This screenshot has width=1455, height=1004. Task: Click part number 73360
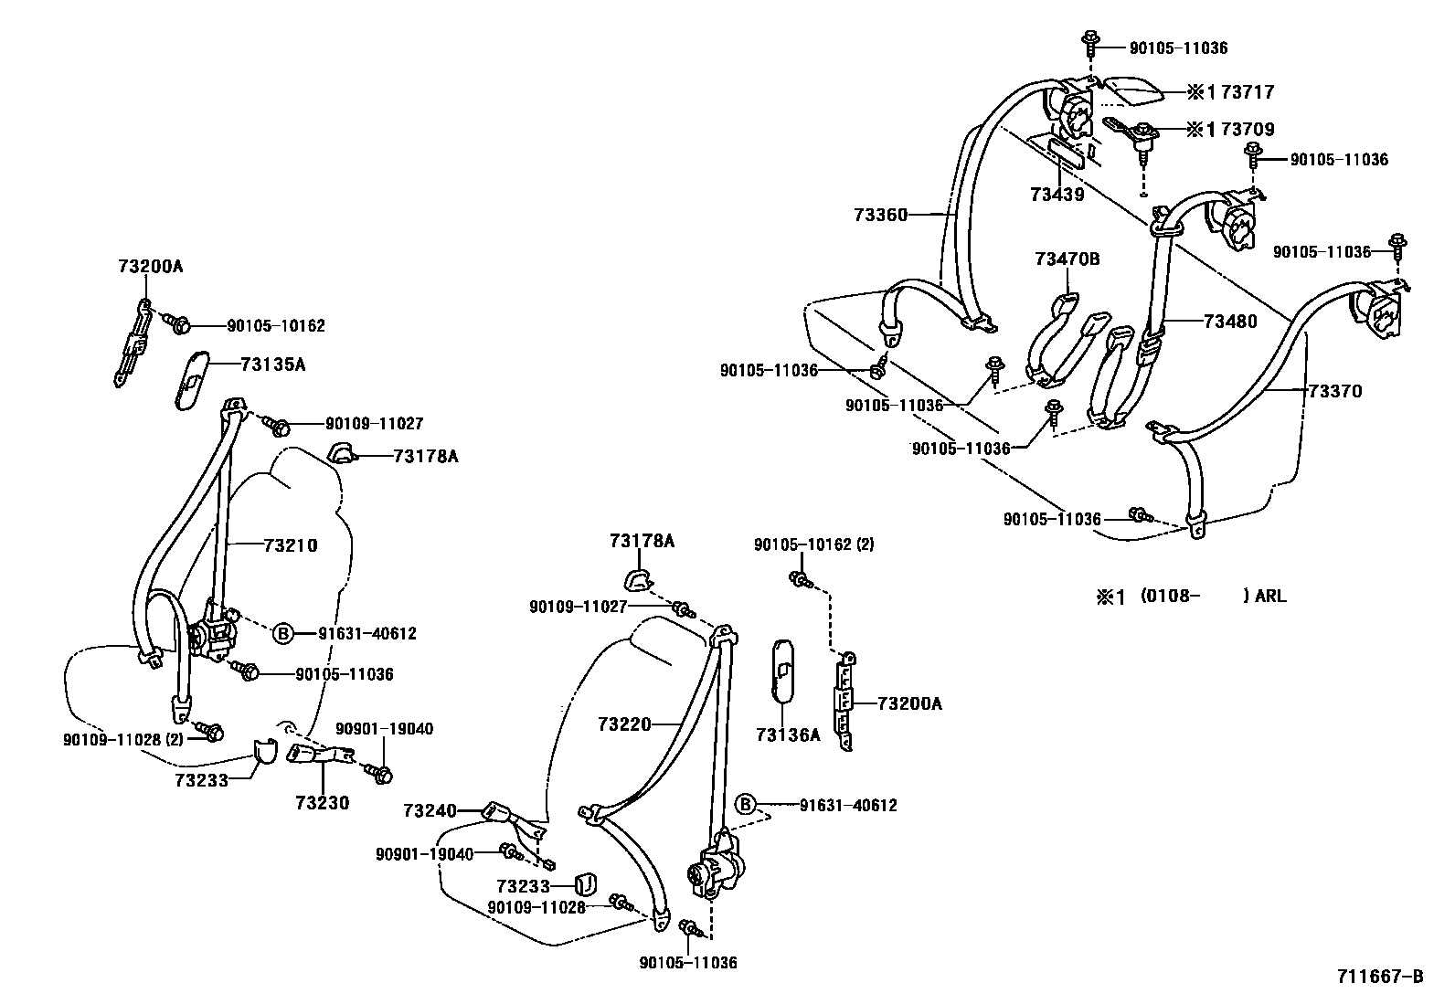(x=881, y=216)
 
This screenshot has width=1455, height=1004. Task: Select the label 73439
(x=1057, y=195)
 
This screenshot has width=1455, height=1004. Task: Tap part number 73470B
(x=1067, y=259)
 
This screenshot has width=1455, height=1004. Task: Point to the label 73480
(x=1230, y=322)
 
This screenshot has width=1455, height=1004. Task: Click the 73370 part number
(x=1334, y=391)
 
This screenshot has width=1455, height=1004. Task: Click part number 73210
(x=291, y=545)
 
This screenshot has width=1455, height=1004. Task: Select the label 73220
(x=625, y=724)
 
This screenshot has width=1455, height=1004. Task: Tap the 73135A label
(x=272, y=365)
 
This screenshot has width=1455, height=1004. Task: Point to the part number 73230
(x=322, y=803)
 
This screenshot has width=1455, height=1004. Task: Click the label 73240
(x=430, y=810)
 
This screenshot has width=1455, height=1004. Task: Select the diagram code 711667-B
(x=1381, y=977)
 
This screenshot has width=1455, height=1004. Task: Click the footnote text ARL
(x=1270, y=597)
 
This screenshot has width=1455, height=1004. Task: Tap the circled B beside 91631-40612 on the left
(x=283, y=633)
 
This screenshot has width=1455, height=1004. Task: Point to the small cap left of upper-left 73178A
(x=341, y=452)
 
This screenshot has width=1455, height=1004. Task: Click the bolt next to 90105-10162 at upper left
(x=178, y=323)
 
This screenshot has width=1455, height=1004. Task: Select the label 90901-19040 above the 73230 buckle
(x=384, y=729)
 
